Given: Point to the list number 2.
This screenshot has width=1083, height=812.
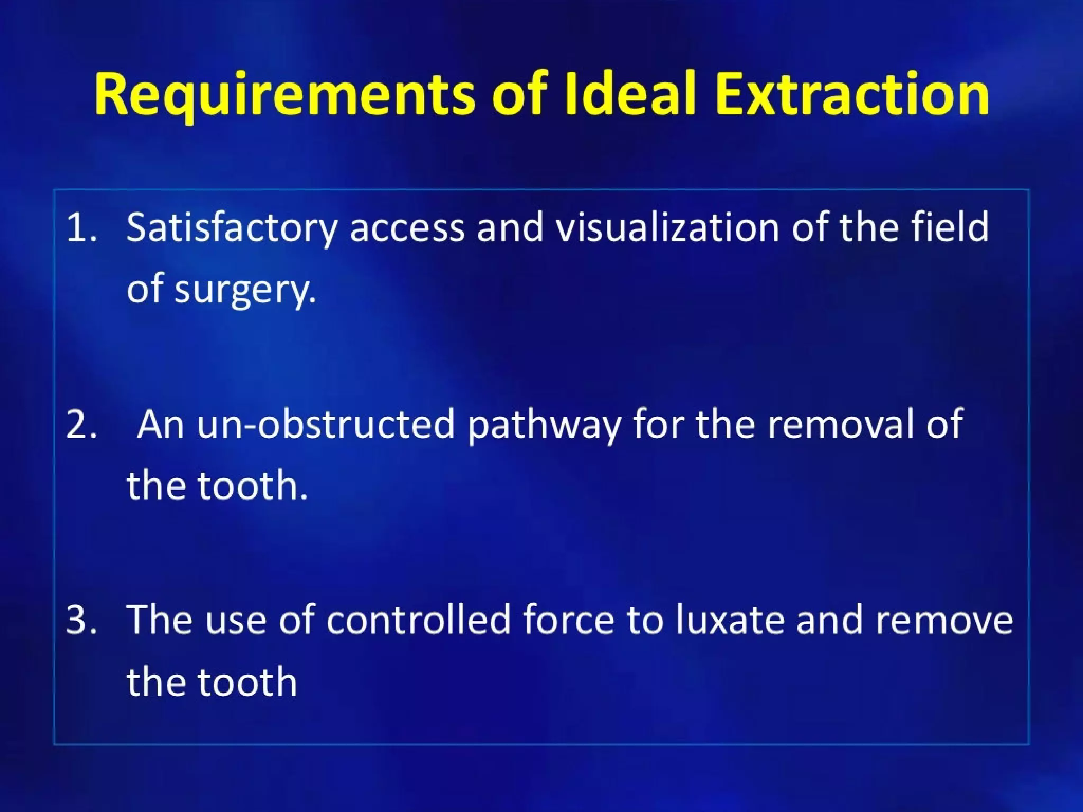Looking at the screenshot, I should click(x=80, y=425).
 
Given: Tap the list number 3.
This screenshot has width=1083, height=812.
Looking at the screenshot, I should click(x=80, y=620).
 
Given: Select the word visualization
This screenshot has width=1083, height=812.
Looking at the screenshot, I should click(x=668, y=227).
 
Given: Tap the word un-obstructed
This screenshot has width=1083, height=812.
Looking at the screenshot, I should click(x=326, y=424).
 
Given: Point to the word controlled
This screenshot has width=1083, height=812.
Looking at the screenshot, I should click(x=418, y=619).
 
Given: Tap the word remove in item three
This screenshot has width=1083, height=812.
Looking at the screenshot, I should click(x=944, y=620).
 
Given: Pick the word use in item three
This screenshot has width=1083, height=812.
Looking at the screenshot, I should click(x=235, y=620).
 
